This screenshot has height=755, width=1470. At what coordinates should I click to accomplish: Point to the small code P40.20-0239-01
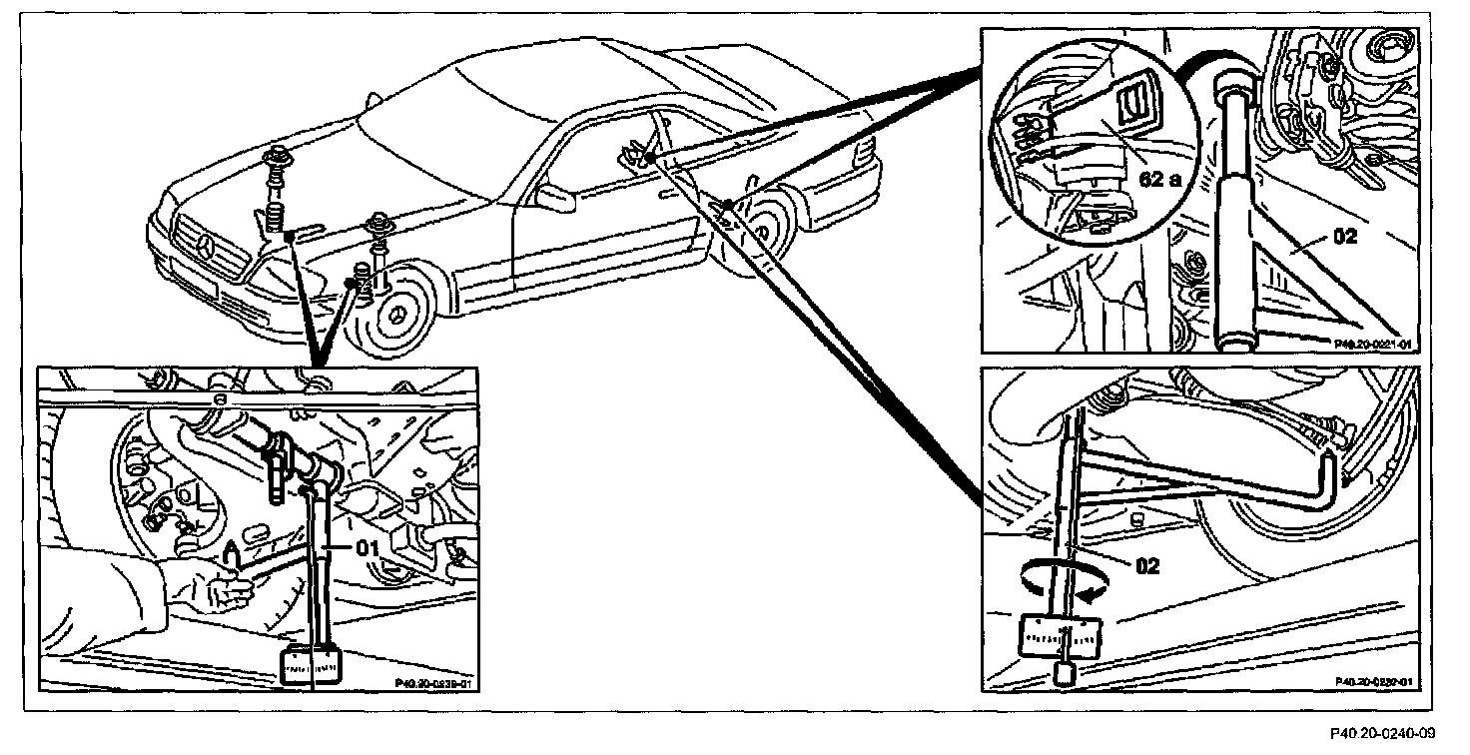(433, 684)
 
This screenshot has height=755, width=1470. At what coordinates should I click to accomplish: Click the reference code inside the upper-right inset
(1374, 344)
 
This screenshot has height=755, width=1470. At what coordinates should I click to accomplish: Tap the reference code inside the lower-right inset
(1374, 682)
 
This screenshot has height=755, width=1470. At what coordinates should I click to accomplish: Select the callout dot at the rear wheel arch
(730, 205)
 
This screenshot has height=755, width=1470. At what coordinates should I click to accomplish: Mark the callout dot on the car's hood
(288, 236)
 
